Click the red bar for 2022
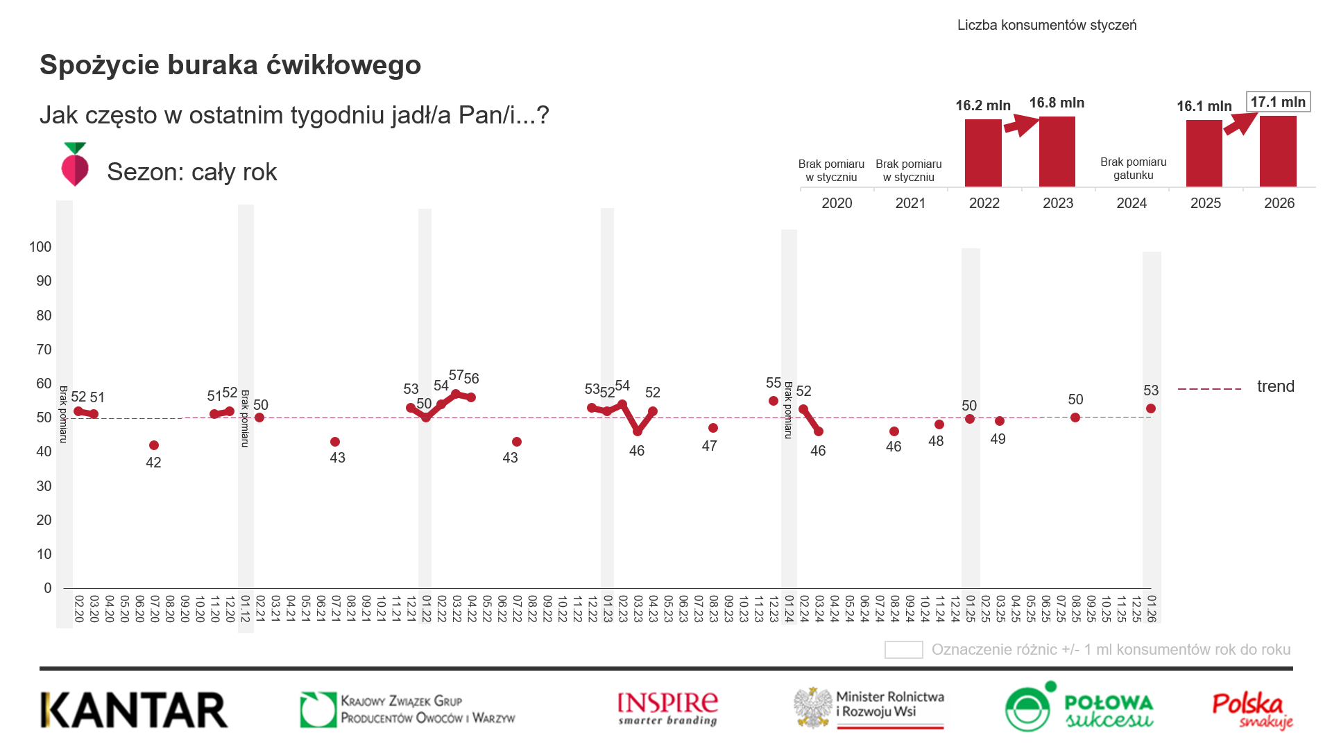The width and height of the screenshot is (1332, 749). tap(983, 153)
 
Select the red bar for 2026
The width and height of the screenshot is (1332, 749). tap(1278, 151)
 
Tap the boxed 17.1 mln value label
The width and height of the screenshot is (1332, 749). tap(1278, 102)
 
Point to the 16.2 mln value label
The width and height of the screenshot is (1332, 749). tap(982, 105)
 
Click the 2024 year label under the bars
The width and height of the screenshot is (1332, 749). tap(1132, 203)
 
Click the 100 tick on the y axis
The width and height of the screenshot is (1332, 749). tap(40, 247)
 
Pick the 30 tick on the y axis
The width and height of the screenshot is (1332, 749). tap(44, 486)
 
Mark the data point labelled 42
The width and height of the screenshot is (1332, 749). tap(154, 445)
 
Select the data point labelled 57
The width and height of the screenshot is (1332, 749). tap(456, 394)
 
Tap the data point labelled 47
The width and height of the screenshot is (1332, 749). tap(713, 428)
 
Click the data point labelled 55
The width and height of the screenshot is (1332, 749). tap(774, 401)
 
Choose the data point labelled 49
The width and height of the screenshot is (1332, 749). tap(1000, 421)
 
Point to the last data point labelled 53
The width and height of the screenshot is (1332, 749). tap(1151, 408)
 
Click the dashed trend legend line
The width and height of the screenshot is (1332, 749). tap(1209, 389)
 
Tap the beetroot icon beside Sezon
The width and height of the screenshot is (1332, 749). tap(75, 164)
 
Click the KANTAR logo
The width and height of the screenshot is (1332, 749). tap(134, 709)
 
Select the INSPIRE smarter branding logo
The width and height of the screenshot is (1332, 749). tap(667, 708)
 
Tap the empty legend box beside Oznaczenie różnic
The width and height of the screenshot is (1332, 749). tap(903, 650)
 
